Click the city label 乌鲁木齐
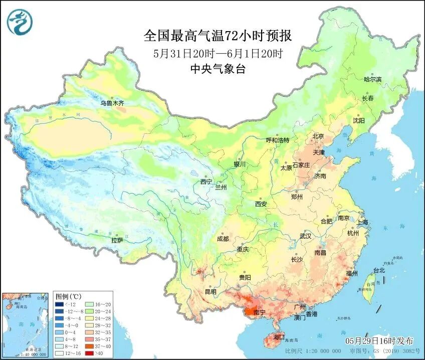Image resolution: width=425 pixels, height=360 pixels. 111,103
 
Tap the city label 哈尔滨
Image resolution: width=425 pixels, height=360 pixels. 372,79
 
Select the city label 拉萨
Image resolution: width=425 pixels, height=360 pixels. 117,240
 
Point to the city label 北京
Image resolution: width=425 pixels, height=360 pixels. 318,136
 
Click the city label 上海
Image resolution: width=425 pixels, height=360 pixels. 362,222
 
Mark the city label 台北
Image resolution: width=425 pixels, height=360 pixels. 378,270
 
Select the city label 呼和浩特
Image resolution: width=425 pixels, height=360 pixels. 278,140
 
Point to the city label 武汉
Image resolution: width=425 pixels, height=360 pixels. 305,236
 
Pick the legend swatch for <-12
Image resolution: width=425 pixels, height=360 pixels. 60,304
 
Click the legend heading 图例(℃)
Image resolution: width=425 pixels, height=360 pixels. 68,296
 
